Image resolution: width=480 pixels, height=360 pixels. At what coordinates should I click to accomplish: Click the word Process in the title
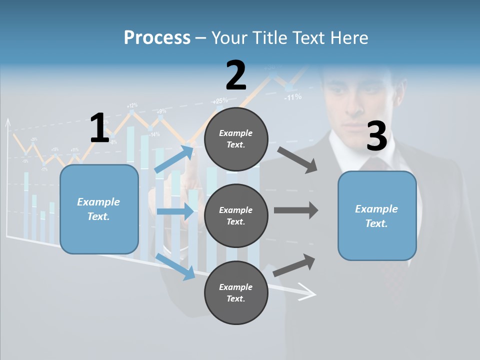(157, 37)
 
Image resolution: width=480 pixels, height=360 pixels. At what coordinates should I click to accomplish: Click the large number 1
(99, 128)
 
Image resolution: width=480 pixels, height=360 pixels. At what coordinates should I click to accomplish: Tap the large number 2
(236, 75)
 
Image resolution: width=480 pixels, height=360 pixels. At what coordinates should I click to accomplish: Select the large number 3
(376, 136)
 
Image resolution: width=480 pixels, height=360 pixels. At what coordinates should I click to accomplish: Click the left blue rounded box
(99, 209)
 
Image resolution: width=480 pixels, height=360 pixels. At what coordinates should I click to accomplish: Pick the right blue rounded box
(377, 215)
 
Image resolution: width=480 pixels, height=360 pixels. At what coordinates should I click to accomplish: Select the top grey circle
(236, 138)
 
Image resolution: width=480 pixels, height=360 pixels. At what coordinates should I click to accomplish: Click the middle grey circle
(236, 215)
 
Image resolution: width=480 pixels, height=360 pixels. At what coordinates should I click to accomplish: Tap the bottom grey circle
(236, 292)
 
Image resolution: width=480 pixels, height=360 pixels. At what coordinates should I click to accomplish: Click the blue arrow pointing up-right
(174, 158)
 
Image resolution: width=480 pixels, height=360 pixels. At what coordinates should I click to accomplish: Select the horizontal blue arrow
(175, 211)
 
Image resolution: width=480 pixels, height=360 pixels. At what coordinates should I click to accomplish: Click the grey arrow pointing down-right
(297, 160)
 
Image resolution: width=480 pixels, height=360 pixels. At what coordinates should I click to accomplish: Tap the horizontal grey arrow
(295, 210)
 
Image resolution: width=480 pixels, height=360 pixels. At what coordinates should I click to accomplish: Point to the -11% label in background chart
(292, 97)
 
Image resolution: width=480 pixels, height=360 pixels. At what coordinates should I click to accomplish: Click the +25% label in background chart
(220, 100)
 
